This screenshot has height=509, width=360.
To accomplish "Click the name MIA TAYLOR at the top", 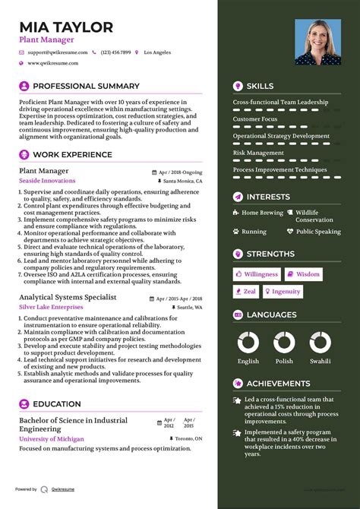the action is coord(66,27).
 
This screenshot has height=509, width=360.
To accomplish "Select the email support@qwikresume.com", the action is coord(57,52).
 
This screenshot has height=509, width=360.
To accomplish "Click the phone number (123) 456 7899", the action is coord(115,52).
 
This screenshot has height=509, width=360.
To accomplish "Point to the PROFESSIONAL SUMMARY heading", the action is coord(86,87).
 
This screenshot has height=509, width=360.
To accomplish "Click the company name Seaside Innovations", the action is coord(47,181).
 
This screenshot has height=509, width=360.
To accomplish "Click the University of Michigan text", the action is coord(51,439).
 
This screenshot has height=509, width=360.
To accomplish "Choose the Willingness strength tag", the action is coord(257,274).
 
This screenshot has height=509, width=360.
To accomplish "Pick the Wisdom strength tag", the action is coord(303,274).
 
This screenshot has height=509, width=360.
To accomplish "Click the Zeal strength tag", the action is coord(245,291).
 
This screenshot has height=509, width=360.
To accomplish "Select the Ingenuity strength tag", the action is coord(282,291).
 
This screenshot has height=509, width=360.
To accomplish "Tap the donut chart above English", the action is coord(248,342).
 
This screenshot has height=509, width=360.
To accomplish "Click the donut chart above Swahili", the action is coord(319,342).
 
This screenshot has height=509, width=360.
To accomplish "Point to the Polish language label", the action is coord(284,362).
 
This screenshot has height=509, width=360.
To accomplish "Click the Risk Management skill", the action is coord(259,153).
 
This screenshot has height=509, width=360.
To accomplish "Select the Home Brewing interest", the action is coord(261,213).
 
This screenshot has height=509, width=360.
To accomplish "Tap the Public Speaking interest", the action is coord(318,232).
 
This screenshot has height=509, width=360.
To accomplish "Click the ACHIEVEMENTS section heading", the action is coord(278,384).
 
